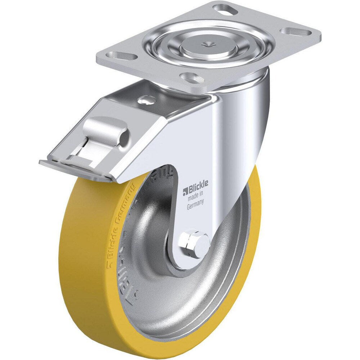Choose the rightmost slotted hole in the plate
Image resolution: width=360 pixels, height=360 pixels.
point(296,32)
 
